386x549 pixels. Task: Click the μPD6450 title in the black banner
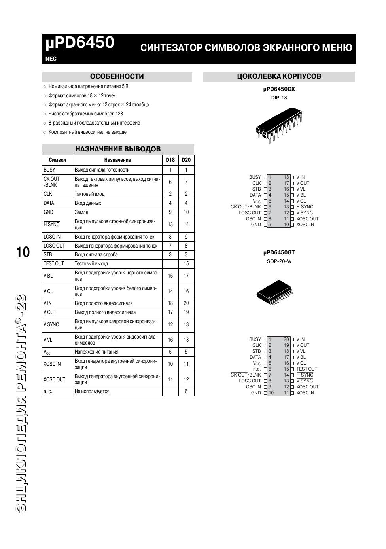pyautogui.click(x=80, y=43)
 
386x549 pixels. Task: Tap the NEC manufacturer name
pyautogui.click(x=51, y=59)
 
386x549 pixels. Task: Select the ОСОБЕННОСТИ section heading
pyautogui.click(x=117, y=76)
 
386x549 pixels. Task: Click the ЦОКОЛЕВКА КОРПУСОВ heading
pyautogui.click(x=279, y=76)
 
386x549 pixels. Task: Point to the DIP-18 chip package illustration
pyautogui.click(x=279, y=123)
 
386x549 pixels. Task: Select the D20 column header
pyautogui.click(x=186, y=160)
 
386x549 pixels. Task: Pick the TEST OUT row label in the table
pyautogui.click(x=54, y=264)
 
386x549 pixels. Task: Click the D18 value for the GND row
pyautogui.click(x=170, y=212)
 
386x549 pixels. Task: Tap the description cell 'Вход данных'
pyautogui.click(x=88, y=203)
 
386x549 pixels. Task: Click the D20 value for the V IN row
pyautogui.click(x=186, y=303)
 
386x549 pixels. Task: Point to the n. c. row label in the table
pyautogui.click(x=48, y=392)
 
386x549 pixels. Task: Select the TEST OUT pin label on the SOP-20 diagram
pyautogui.click(x=307, y=369)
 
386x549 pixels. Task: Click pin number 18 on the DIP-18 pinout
pyautogui.click(x=286, y=177)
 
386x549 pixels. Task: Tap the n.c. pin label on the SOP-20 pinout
pyautogui.click(x=257, y=369)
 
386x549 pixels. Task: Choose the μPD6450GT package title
pyautogui.click(x=279, y=252)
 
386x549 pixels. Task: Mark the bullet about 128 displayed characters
pyautogui.click(x=85, y=114)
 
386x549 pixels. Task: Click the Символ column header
pyautogui.click(x=57, y=160)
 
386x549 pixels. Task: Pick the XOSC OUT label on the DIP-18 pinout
pyautogui.click(x=307, y=219)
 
